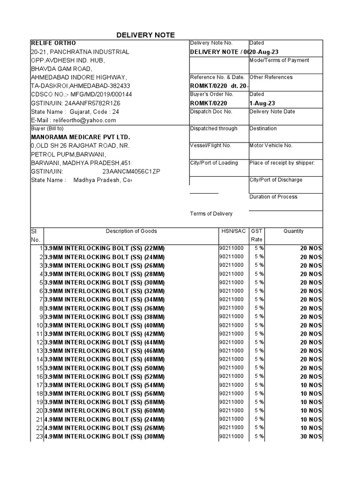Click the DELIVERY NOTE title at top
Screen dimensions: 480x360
[145, 35]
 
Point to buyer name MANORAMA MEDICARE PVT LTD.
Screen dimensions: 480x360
[80, 137]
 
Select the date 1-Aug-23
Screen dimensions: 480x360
[263, 103]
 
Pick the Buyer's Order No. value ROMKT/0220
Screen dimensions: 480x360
[209, 103]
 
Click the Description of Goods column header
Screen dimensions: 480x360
[131, 231]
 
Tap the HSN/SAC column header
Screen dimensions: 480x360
[233, 231]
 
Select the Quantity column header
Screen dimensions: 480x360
[293, 231]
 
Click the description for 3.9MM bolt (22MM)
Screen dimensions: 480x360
[104, 248]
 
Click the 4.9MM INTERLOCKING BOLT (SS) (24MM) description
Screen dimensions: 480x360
[104, 419]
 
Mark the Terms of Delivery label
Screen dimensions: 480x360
[211, 214]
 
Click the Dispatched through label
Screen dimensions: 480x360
[214, 128]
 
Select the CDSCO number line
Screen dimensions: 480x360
[82, 94]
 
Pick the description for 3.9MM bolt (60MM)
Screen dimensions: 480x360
[104, 411]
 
